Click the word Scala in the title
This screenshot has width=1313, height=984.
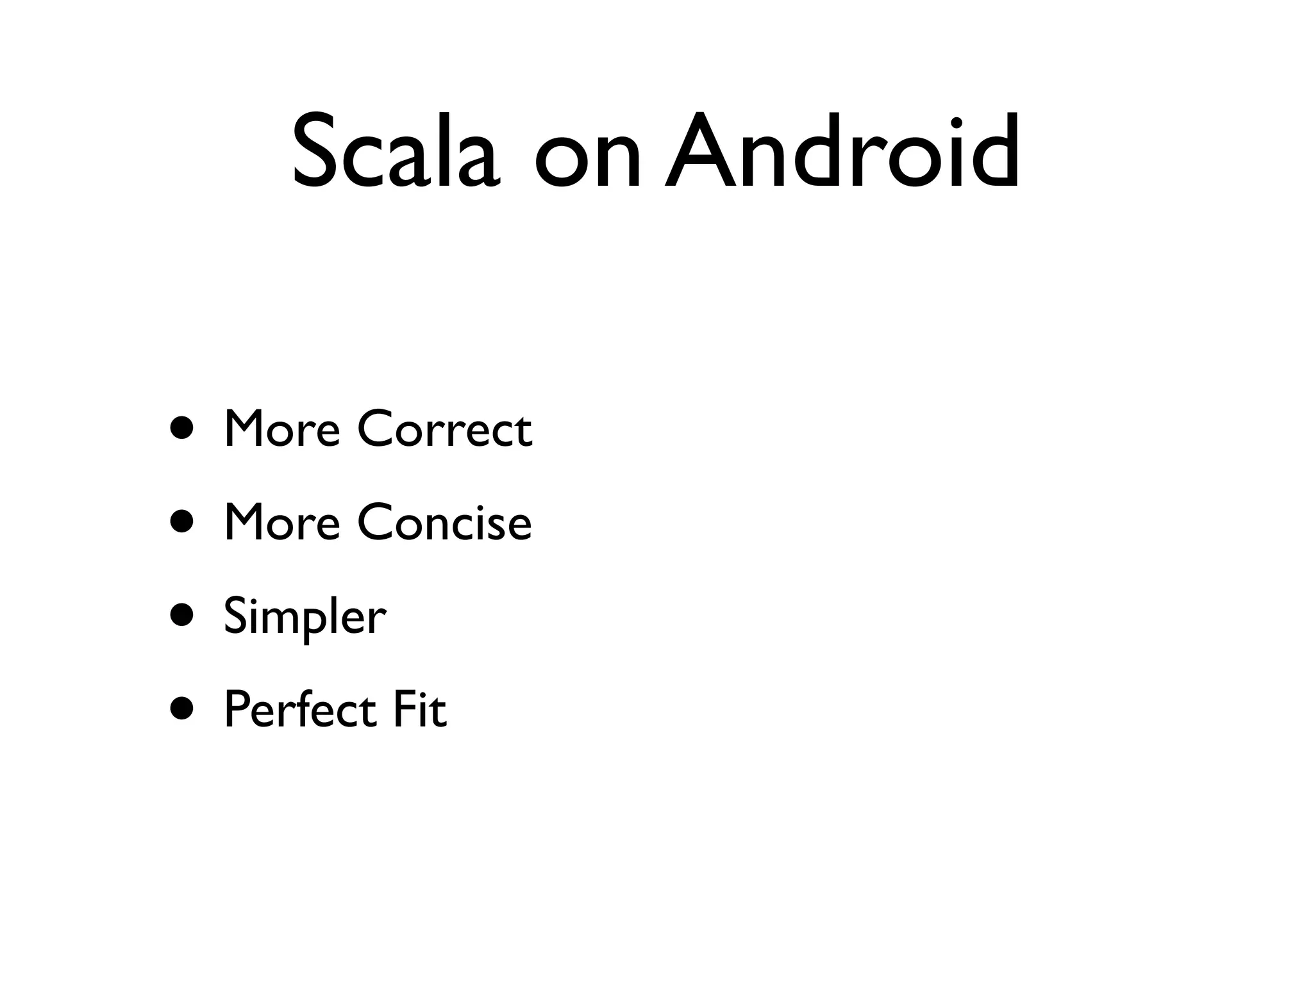(395, 152)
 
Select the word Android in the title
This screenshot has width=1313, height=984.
(842, 151)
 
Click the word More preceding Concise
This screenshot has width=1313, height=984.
(281, 521)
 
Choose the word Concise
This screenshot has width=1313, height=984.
(444, 521)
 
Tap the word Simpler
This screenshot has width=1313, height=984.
(305, 616)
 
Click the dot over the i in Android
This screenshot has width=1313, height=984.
(957, 122)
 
